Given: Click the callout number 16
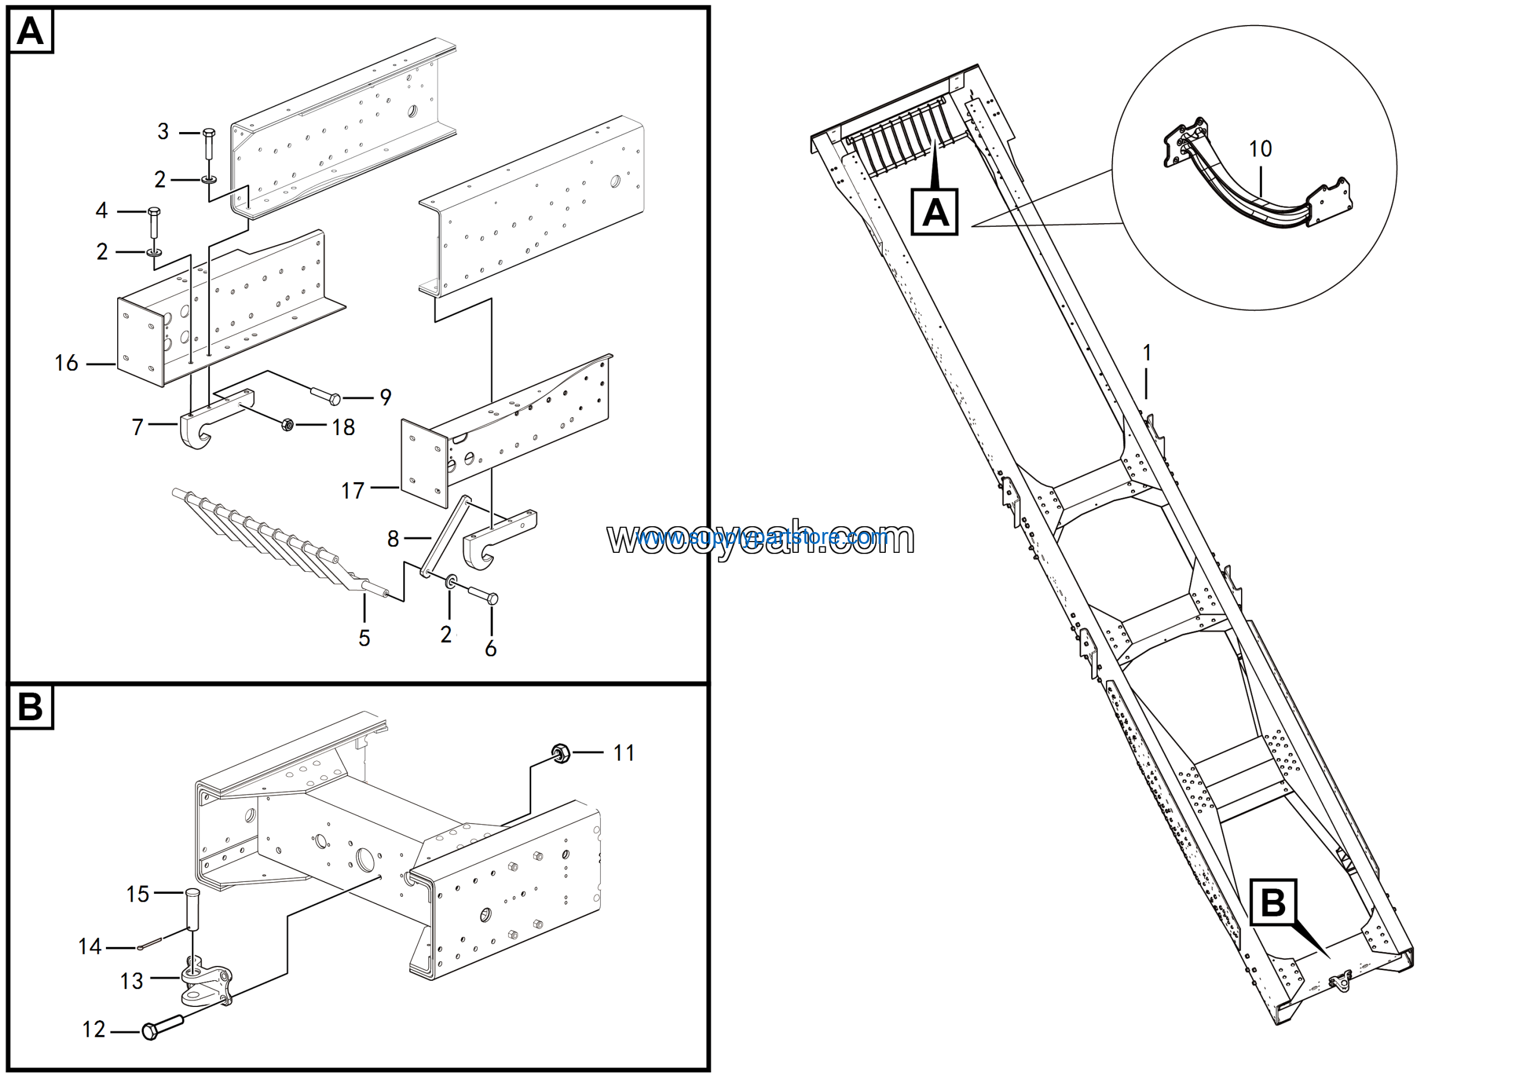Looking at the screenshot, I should point(66,363).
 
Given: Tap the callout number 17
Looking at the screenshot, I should point(352,491).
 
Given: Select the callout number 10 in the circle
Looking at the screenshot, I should point(1260,149).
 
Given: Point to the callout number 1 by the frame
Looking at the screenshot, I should point(1147,352).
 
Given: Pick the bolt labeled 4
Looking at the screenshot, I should point(154,223).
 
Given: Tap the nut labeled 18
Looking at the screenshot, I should point(287,424).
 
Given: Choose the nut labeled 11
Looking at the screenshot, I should point(560,753).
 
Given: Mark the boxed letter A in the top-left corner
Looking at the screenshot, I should point(30,31).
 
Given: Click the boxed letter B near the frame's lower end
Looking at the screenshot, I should point(1273,902).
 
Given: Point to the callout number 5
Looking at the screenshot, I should point(364,638).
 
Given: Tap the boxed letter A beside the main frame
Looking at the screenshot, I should point(935,212).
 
